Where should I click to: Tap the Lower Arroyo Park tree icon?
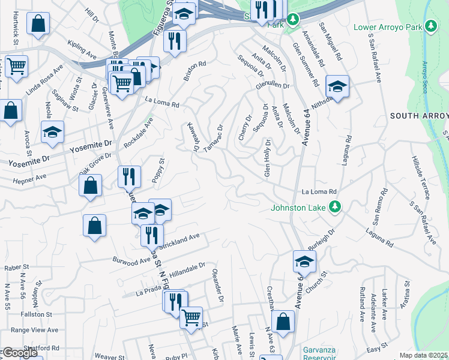tap(430, 26)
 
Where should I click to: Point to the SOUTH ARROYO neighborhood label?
tap(419, 115)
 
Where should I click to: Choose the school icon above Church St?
tap(304, 262)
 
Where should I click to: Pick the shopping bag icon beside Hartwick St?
tap(38, 23)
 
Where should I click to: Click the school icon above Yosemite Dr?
tap(52, 132)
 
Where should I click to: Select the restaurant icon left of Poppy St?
tap(129, 176)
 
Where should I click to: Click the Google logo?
tap(20, 353)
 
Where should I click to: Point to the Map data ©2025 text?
tap(423, 355)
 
